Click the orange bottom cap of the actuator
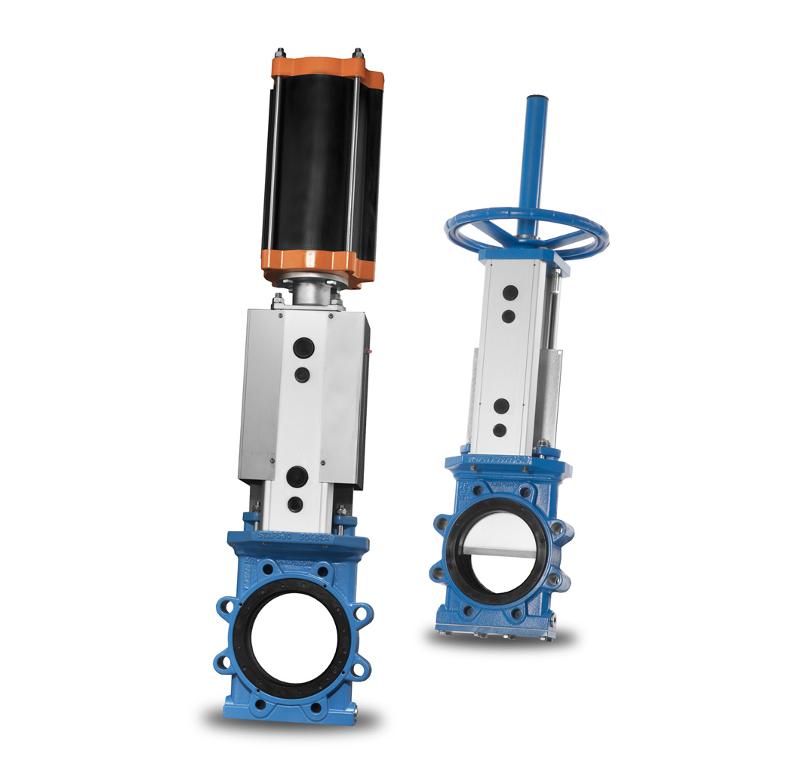317,264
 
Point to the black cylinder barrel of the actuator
317,166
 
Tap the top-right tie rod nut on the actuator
357,54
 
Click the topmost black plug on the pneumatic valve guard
304,347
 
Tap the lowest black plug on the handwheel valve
499,430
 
